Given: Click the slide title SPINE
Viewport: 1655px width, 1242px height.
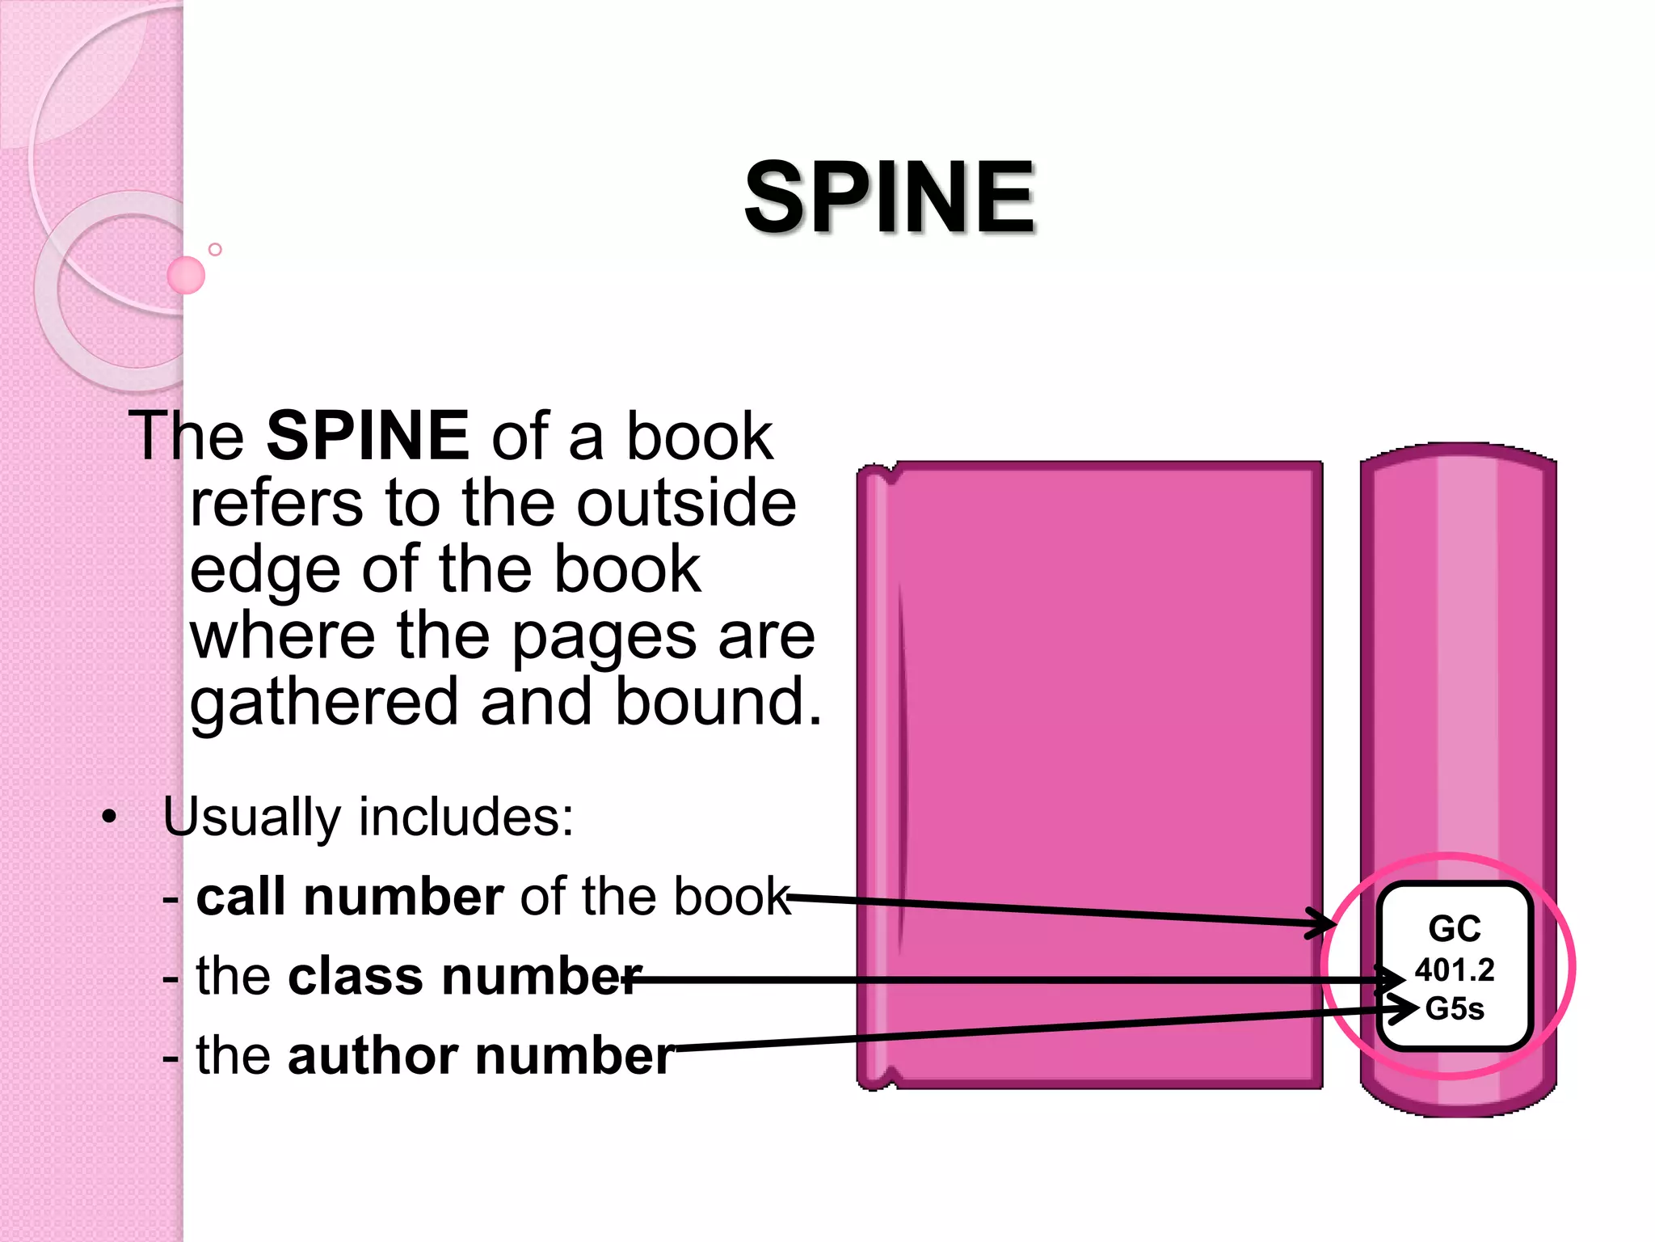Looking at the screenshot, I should click(x=889, y=197).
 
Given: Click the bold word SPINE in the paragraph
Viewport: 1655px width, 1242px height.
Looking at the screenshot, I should click(x=367, y=436).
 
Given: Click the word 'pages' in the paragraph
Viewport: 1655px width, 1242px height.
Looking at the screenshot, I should click(x=604, y=637).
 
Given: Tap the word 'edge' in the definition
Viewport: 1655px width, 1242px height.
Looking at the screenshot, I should click(x=264, y=571).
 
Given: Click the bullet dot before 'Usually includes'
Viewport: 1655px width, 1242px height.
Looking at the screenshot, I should click(x=110, y=817).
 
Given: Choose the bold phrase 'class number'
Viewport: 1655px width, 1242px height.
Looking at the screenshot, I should click(x=465, y=976).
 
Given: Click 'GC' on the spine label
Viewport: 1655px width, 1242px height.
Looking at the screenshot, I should click(x=1455, y=928).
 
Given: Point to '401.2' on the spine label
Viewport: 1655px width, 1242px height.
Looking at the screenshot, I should click(x=1455, y=970).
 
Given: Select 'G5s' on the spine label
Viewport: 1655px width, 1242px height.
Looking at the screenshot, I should click(x=1455, y=1009).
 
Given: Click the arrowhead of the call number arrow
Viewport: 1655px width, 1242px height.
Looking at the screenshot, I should click(x=1325, y=923).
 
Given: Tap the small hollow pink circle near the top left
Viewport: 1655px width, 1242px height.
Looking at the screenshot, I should click(x=215, y=250).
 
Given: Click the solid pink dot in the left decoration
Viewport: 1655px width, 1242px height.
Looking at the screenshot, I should click(x=186, y=275).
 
